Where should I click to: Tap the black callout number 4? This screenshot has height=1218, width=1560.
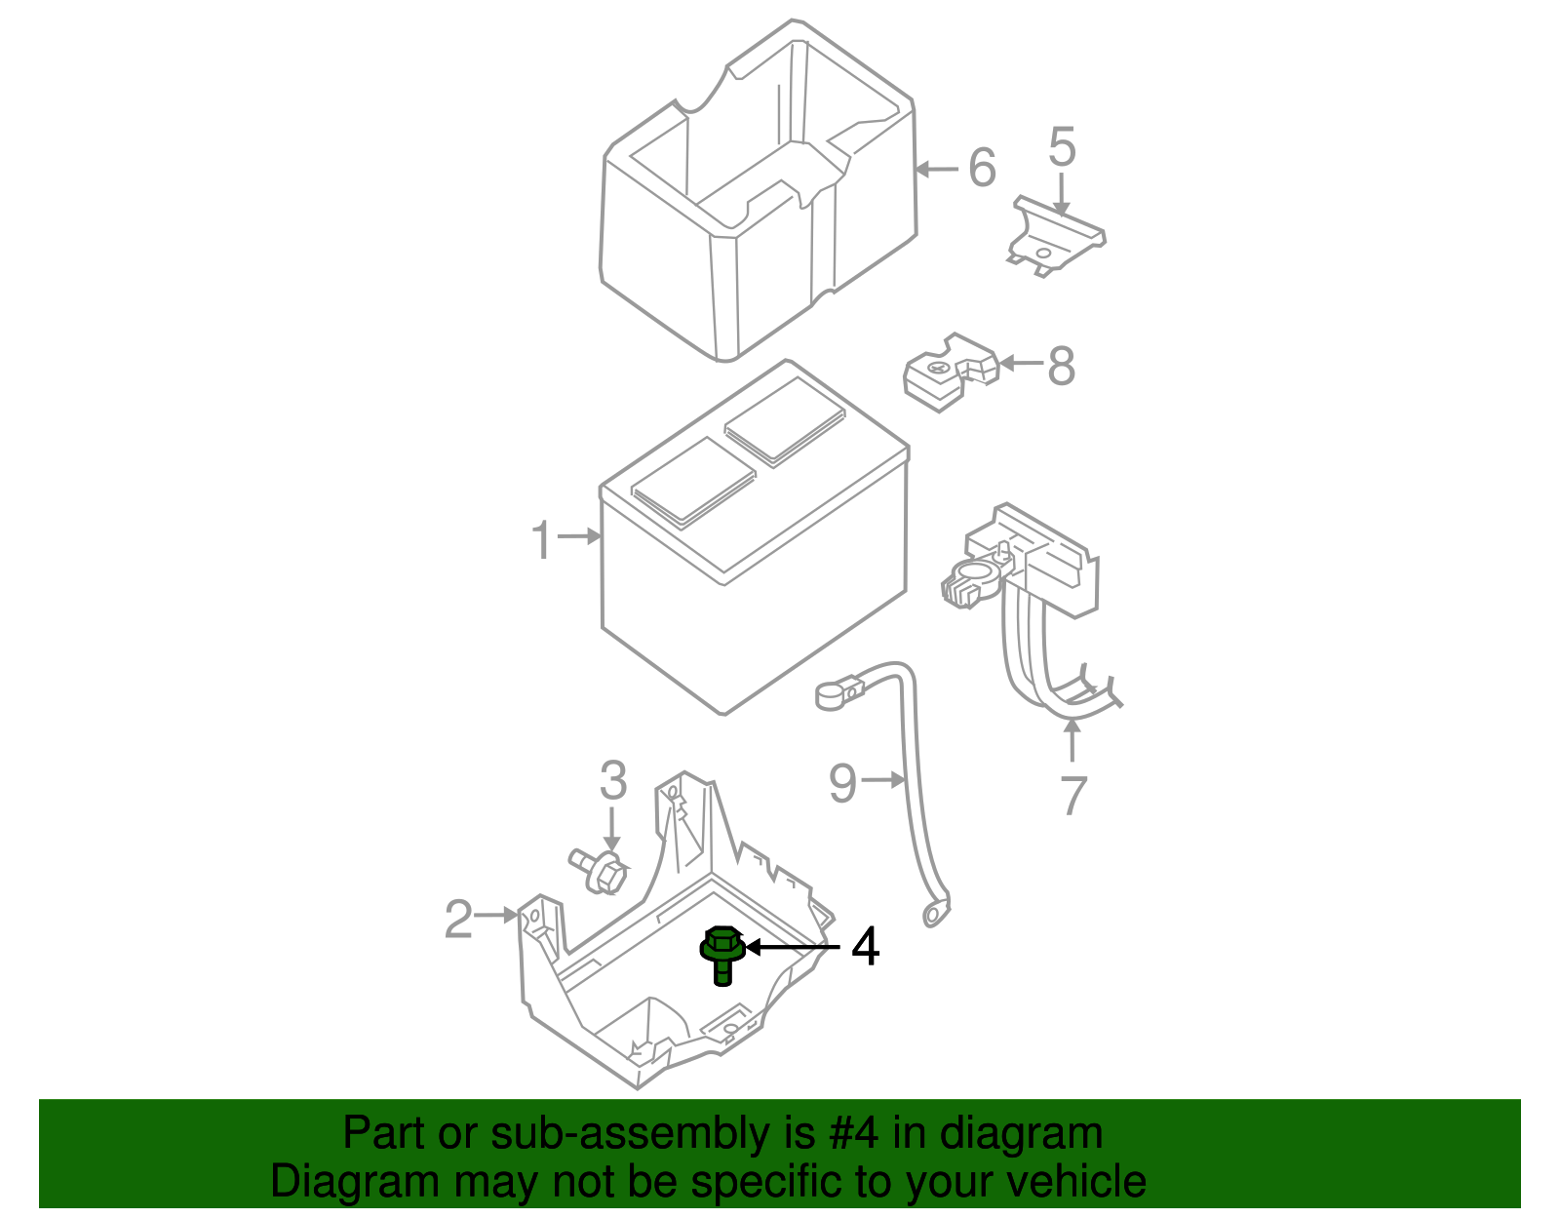pyautogui.click(x=866, y=947)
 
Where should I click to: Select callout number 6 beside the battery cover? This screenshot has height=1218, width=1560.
pyautogui.click(x=982, y=168)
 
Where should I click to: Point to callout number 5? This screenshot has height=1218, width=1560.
pyautogui.click(x=1062, y=148)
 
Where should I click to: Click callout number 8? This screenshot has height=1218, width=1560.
pyautogui.click(x=1061, y=367)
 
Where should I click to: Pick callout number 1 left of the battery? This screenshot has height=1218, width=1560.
pyautogui.click(x=542, y=540)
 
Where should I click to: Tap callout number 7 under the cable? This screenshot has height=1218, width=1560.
pyautogui.click(x=1072, y=795)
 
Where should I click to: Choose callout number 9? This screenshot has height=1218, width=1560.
pyautogui.click(x=842, y=783)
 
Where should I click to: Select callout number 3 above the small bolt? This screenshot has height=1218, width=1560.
pyautogui.click(x=612, y=781)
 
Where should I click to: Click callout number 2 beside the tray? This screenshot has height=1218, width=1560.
pyautogui.click(x=458, y=920)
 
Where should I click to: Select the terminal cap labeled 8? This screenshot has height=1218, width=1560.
pyautogui.click(x=949, y=373)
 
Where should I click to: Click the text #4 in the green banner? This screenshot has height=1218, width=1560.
pyautogui.click(x=854, y=1134)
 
